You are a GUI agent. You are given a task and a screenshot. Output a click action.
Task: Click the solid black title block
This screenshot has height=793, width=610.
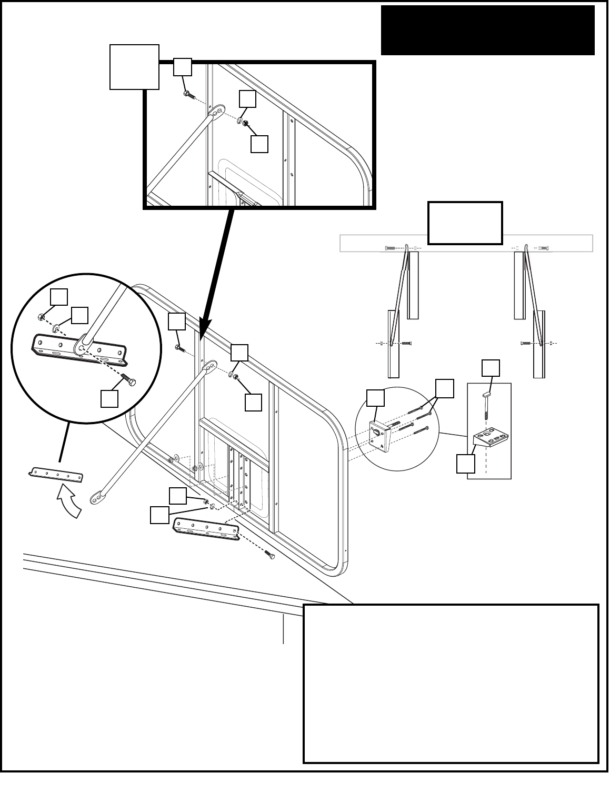tap(487, 30)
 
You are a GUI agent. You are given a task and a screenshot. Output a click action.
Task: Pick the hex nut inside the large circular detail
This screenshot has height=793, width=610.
tap(41, 317)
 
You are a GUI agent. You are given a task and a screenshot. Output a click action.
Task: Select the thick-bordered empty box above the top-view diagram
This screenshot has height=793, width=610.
tap(465, 223)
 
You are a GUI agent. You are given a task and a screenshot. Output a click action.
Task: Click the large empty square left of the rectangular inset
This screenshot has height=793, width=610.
tap(134, 67)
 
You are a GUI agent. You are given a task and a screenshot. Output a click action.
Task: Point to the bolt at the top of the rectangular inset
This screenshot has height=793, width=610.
tap(189, 95)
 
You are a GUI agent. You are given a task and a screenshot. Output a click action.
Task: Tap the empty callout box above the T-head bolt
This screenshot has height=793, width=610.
tap(491, 368)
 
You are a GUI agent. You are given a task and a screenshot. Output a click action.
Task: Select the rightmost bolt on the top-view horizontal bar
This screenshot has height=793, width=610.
tap(544, 247)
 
